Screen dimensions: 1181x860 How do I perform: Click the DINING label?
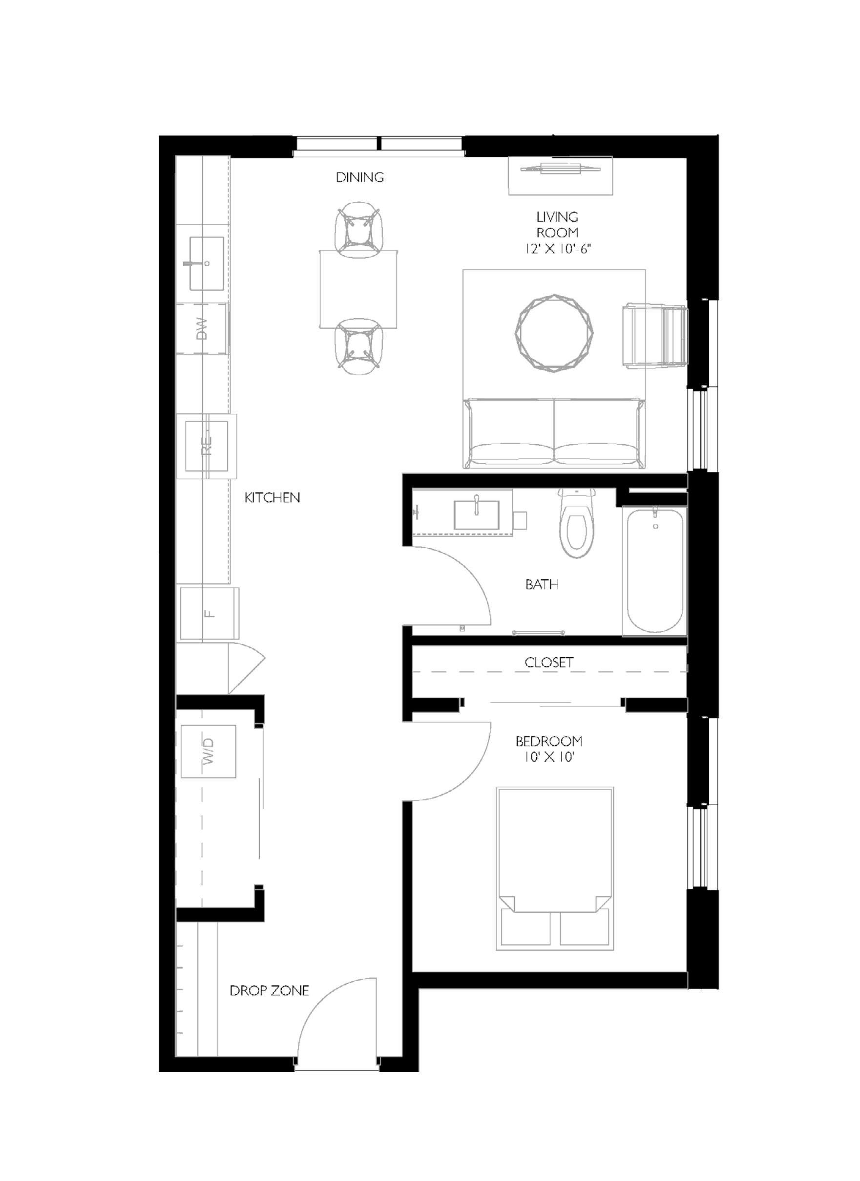click(x=360, y=177)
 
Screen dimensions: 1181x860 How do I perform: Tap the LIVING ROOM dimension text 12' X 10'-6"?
click(x=558, y=249)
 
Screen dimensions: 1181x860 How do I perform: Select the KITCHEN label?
click(x=273, y=497)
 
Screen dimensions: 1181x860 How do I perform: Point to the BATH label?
click(x=542, y=584)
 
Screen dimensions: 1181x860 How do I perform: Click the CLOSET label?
click(x=549, y=663)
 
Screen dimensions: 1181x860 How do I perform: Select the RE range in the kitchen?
click(x=207, y=446)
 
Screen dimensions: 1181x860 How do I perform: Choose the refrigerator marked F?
click(x=210, y=613)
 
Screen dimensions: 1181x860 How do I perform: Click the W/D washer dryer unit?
click(x=208, y=752)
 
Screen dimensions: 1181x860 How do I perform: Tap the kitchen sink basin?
click(x=207, y=263)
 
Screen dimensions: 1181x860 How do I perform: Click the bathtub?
click(x=655, y=571)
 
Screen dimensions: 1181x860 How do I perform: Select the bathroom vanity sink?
click(x=476, y=515)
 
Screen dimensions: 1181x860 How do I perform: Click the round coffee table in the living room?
click(x=554, y=333)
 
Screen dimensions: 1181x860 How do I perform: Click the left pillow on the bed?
click(x=525, y=927)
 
